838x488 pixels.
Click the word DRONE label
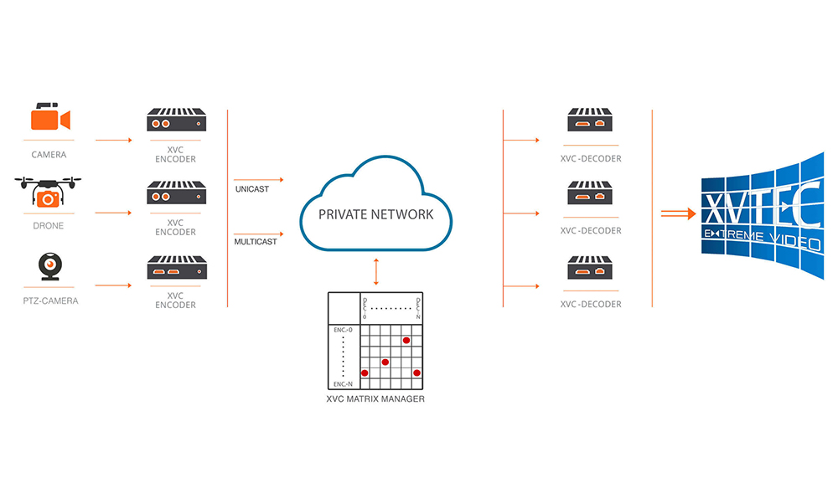tap(49, 225)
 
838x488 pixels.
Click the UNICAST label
tap(251, 189)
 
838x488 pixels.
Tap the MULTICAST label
tap(255, 242)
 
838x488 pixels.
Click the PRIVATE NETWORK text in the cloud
tap(376, 214)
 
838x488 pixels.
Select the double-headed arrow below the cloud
tap(376, 272)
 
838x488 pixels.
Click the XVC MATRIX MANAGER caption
tap(375, 399)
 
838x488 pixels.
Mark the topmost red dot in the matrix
tap(406, 340)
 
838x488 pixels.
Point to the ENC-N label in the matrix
tap(343, 383)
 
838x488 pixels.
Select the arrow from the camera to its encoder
tap(114, 140)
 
